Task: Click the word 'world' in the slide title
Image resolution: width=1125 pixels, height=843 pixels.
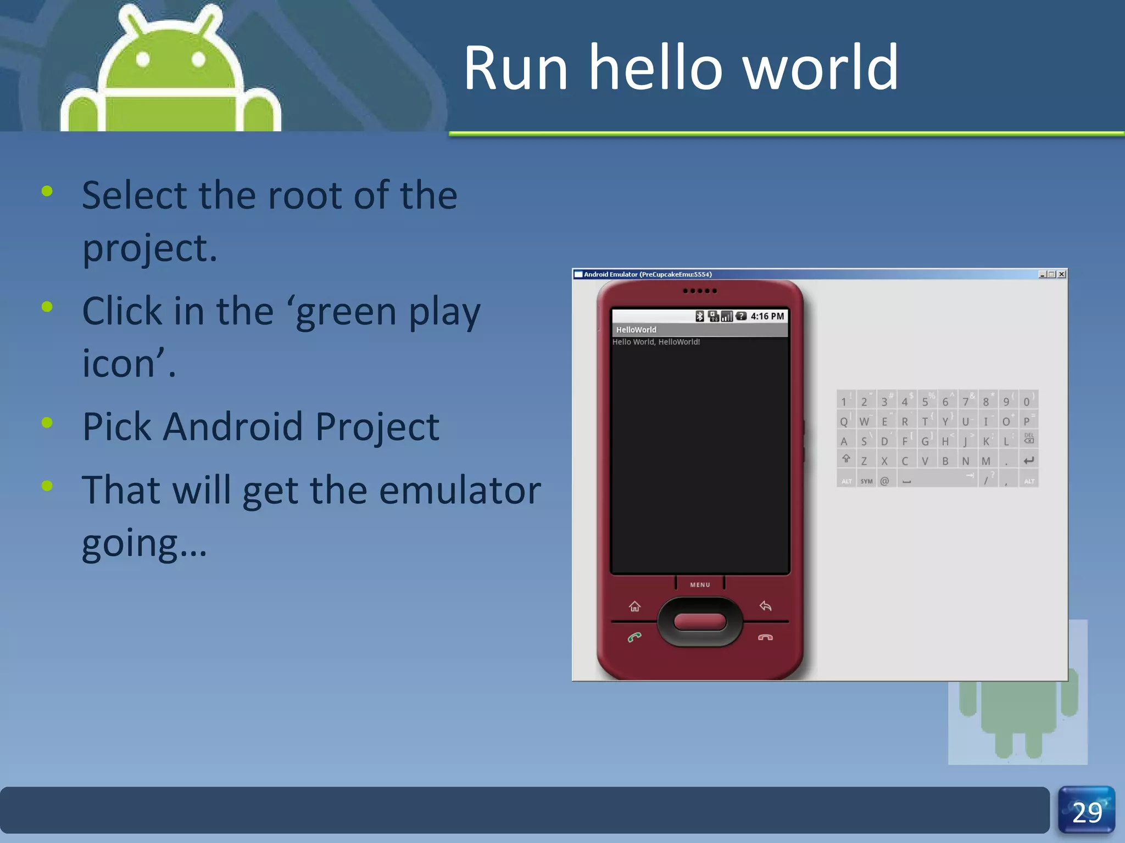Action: [821, 68]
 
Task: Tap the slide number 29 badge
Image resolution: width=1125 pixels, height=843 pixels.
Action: [1087, 812]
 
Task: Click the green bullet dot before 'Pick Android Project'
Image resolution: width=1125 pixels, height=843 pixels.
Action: [47, 423]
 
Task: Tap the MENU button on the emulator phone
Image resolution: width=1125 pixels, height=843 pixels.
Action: [700, 585]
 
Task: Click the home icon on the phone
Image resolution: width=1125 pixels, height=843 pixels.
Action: [634, 606]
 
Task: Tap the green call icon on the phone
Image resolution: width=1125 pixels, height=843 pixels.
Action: [634, 637]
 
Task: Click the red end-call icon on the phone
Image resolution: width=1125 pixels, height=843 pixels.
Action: [765, 637]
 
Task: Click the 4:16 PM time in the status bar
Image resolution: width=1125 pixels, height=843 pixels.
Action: [767, 316]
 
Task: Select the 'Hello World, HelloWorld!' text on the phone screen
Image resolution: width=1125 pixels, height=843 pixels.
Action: [656, 342]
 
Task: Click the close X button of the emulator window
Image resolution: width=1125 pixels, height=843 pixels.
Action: [1062, 274]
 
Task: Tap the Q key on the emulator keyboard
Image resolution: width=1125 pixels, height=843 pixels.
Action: [844, 421]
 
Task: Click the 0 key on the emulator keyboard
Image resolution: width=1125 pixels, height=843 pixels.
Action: [1027, 402]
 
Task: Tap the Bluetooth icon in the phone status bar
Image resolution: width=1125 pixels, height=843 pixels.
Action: [699, 316]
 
